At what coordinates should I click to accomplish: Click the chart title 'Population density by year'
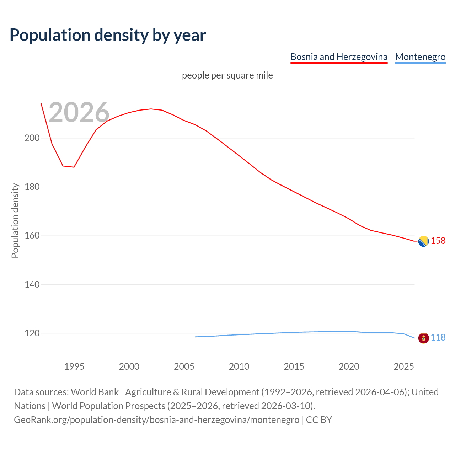(108, 35)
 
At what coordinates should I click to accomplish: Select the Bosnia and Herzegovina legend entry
(339, 57)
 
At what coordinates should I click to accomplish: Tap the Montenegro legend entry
(420, 57)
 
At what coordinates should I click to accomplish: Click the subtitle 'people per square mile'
(227, 75)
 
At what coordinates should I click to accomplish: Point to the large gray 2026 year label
(79, 112)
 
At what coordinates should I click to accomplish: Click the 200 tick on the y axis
(32, 138)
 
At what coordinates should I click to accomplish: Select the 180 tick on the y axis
(32, 187)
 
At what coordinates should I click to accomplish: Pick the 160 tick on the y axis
(32, 236)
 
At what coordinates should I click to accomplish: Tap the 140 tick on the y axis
(32, 284)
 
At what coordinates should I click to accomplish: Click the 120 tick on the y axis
(32, 333)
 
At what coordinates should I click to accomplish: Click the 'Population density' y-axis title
(15, 220)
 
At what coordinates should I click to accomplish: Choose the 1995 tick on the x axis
(74, 366)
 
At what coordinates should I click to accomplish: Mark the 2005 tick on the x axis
(184, 366)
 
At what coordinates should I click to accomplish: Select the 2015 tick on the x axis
(294, 366)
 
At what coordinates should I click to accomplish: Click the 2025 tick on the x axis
(404, 366)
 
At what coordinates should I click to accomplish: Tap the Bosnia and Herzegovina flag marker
(423, 241)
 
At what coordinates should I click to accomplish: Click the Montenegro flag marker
(423, 338)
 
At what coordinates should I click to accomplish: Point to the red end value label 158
(438, 241)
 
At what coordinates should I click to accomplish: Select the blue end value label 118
(438, 338)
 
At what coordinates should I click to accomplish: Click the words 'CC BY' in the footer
(319, 420)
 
